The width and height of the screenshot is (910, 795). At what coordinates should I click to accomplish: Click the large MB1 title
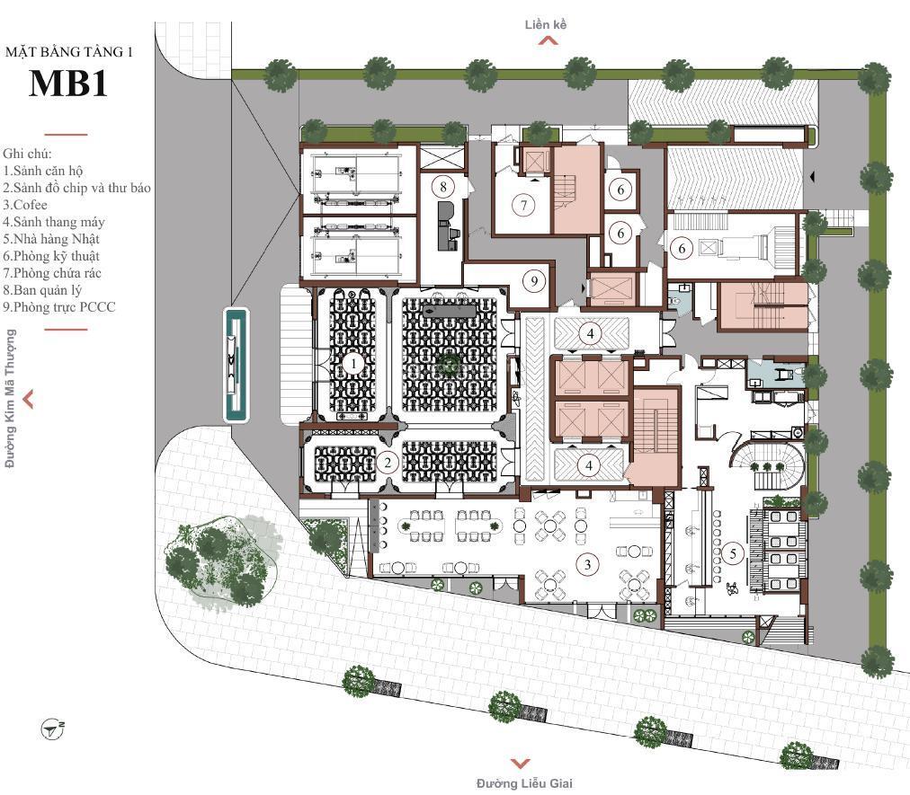68,84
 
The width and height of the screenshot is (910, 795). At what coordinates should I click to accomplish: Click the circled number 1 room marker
352,364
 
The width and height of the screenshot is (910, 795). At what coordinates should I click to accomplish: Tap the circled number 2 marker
387,463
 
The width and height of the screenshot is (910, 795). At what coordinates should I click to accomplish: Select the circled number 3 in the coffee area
588,563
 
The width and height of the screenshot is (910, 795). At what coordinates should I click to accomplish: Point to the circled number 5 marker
733,553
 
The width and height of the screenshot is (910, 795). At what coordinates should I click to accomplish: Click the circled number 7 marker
524,205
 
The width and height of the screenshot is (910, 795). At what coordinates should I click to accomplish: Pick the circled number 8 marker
443,187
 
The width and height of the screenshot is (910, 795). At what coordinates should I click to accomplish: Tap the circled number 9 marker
534,282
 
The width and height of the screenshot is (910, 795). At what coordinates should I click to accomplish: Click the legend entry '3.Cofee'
25,205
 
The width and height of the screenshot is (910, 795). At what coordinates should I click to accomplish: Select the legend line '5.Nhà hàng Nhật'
51,239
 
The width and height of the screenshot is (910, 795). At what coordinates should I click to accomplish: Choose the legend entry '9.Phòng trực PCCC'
59,307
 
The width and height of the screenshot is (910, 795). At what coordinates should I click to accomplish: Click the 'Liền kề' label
546,24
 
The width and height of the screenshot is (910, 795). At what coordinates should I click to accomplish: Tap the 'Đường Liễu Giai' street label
524,783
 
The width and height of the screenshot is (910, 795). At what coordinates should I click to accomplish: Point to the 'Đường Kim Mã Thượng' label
10,398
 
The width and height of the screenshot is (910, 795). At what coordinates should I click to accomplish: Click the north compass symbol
52,729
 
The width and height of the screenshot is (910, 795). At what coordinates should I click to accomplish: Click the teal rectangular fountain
236,366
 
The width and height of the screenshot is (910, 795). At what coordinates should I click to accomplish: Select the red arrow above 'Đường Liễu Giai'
520,764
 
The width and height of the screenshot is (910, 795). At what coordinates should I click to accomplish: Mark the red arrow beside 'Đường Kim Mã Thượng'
28,399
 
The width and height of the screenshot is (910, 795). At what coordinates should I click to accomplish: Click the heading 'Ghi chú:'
27,154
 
